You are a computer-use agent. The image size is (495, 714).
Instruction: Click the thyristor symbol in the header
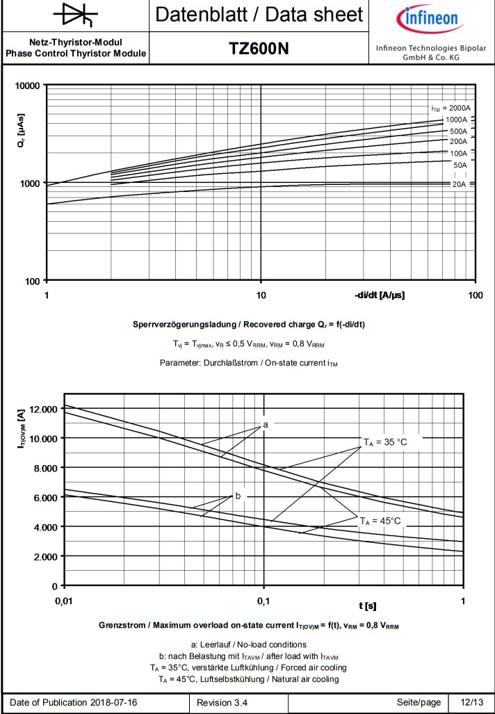[74, 15]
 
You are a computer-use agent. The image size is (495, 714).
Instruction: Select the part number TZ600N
[259, 49]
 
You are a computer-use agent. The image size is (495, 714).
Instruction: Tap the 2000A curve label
[451, 108]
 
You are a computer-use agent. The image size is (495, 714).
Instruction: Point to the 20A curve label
[459, 184]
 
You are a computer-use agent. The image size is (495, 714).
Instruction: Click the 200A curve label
[458, 142]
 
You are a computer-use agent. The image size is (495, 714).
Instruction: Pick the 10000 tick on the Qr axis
[27, 85]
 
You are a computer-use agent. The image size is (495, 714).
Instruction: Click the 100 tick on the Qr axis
[32, 281]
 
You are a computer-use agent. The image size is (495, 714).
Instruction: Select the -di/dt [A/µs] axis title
[379, 295]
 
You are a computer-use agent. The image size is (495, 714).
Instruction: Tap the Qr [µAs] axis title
[22, 133]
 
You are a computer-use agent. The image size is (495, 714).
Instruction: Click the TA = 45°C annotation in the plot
[380, 520]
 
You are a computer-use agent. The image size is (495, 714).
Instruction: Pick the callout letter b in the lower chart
[238, 496]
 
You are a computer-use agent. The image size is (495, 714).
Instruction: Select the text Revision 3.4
[222, 702]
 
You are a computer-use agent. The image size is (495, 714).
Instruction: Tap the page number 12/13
[472, 702]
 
